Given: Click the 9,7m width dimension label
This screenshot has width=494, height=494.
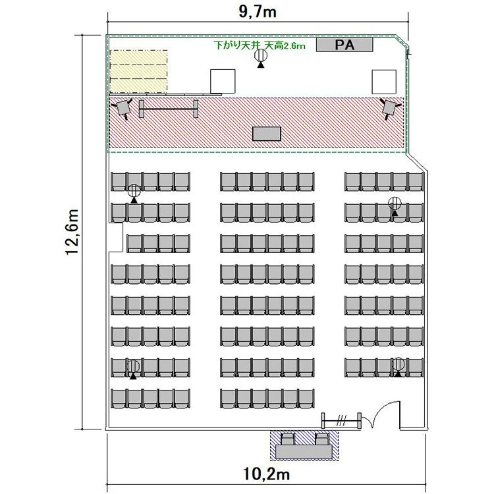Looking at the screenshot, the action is (258, 12).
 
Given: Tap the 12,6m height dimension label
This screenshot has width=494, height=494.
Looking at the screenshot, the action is (72, 232).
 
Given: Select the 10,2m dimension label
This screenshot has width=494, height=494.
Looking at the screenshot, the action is (267, 474).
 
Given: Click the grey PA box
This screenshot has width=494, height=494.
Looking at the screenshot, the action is (344, 45).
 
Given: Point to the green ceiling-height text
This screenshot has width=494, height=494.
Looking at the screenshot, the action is (260, 45).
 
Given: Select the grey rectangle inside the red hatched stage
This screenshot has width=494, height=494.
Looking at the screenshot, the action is (267, 134).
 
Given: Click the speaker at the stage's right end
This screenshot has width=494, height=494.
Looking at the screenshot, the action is (390, 108).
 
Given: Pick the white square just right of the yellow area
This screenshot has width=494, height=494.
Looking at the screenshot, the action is (223, 81).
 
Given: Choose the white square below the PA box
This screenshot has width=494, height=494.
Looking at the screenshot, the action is (384, 82).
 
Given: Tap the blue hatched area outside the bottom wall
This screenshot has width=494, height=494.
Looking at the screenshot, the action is (304, 445).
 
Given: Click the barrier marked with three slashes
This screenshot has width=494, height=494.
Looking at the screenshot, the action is (341, 421).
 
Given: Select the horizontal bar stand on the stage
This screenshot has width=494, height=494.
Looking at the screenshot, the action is (169, 109).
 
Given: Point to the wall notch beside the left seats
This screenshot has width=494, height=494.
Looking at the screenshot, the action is (116, 237).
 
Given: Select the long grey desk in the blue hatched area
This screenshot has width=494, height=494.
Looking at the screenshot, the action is (304, 451).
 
